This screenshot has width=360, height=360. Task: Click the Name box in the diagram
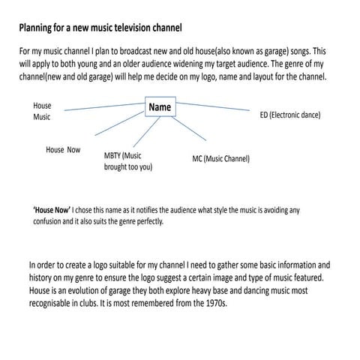coord(160,108)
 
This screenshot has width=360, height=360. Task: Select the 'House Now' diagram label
coord(63,150)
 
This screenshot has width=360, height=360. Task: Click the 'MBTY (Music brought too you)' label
coord(127,161)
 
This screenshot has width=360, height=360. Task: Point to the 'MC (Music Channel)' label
coord(221,159)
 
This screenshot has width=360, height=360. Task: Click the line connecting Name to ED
coord(217,108)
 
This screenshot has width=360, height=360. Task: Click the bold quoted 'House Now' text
coord(52,211)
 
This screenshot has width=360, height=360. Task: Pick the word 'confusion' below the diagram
coord(50,222)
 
